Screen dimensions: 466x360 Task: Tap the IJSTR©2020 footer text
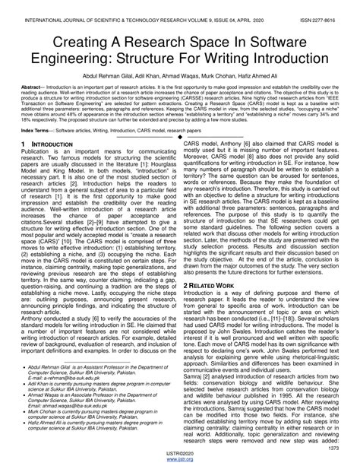click(x=179, y=454)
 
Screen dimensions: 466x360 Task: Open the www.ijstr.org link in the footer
click(x=179, y=461)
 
